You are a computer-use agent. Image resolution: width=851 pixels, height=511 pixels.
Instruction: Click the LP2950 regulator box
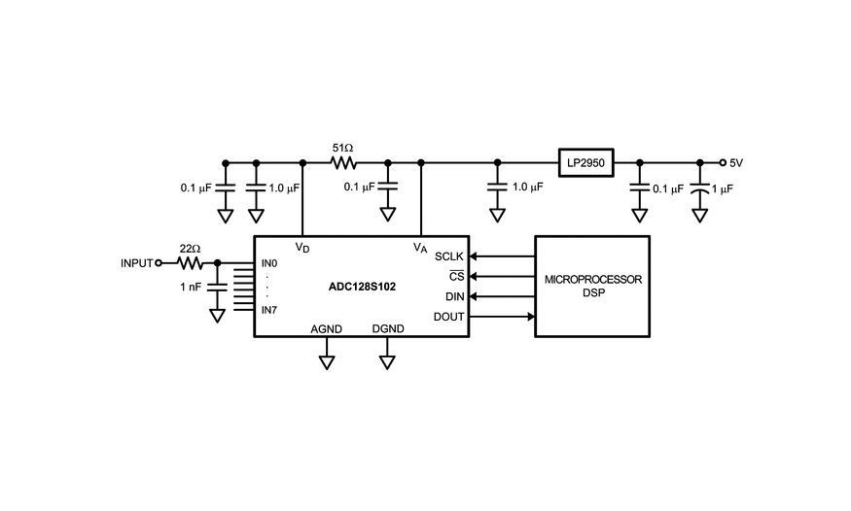pos(585,163)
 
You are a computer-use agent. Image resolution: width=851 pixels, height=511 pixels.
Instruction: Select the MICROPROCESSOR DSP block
pos(592,286)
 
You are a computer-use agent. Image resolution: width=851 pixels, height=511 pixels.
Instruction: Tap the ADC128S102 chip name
pos(361,287)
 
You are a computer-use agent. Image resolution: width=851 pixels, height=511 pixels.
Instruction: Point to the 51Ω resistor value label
pos(342,148)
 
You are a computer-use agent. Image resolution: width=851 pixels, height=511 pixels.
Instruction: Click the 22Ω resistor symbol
pos(190,262)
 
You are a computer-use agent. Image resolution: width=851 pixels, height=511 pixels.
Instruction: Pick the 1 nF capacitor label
pos(191,287)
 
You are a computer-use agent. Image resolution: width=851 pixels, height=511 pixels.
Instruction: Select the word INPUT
pos(137,263)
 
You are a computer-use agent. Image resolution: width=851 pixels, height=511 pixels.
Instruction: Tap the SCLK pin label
pos(449,256)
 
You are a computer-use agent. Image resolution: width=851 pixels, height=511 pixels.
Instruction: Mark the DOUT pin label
pos(449,317)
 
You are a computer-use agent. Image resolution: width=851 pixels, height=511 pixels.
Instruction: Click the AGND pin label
pos(326,329)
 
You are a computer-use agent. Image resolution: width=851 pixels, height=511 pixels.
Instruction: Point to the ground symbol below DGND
pos(387,362)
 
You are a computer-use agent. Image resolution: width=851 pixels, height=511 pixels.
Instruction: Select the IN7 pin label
pos(269,310)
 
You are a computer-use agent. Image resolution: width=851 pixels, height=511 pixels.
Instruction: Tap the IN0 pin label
pos(269,263)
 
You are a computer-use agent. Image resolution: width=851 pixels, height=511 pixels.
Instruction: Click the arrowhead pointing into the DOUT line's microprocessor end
pos(530,317)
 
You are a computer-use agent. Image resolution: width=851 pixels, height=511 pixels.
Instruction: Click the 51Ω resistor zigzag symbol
pos(343,163)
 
